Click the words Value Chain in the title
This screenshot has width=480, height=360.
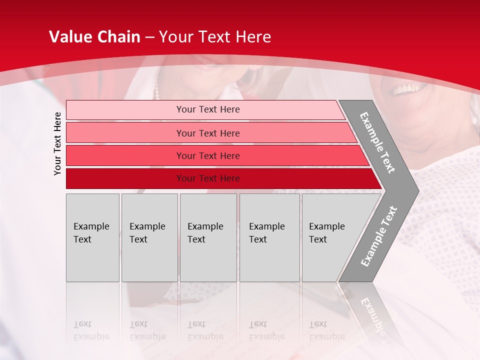pos(94,37)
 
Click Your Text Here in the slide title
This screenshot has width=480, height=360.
pos(215,37)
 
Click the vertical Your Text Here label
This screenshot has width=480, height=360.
pos(57,143)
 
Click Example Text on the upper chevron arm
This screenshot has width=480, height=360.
pos(377,142)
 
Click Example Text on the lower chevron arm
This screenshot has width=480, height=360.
pos(379,236)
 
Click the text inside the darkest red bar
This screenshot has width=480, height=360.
pos(208,178)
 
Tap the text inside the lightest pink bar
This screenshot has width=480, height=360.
pos(208,109)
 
